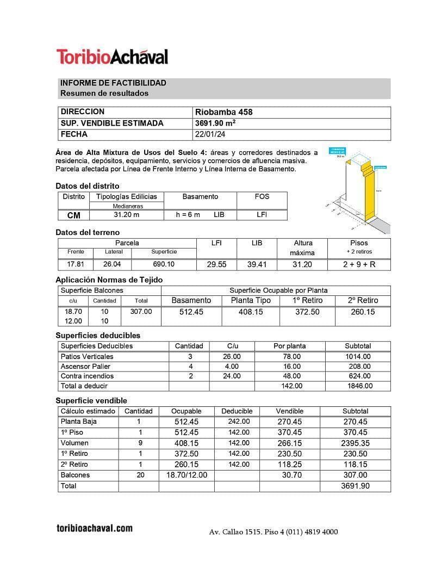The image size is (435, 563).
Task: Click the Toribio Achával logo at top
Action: click(112, 57)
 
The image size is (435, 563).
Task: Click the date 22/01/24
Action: click(210, 134)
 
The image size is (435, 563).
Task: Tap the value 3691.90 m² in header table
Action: click(215, 123)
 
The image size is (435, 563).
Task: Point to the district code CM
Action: click(74, 215)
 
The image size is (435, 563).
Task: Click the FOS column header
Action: click(262, 197)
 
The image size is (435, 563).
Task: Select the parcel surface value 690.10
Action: click(163, 264)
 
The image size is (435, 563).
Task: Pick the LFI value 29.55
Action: click(216, 265)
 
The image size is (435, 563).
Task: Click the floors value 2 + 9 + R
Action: click(359, 265)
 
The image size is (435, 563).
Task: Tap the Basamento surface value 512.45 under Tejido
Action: click(191, 312)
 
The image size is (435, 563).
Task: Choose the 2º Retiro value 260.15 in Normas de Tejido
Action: click(363, 312)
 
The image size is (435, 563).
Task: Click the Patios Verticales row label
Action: click(87, 357)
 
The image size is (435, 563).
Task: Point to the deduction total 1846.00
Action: click(358, 386)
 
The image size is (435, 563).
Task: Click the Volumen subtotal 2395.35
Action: click(356, 443)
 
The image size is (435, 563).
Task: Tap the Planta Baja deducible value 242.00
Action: click(239, 422)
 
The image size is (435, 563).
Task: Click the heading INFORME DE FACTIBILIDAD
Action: click(113, 83)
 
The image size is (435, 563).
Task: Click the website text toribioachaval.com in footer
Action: click(95, 528)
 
